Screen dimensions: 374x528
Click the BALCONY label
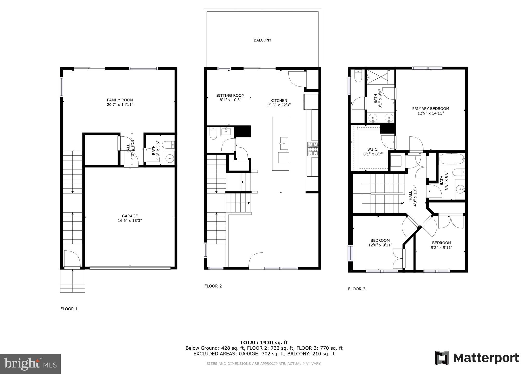262,40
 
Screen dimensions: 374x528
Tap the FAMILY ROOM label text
120,100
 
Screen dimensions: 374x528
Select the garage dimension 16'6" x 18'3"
130,221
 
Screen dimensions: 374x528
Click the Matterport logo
477,358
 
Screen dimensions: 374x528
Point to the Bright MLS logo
30,364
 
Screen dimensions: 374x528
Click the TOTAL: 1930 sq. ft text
264,343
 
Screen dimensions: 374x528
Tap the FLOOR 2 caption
213,286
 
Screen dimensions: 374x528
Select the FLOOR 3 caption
357,289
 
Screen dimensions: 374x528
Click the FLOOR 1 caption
69,309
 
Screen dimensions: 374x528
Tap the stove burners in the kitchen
313,149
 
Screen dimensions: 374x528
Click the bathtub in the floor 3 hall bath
451,158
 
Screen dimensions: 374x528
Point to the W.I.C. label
373,149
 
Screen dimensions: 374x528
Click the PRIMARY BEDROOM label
430,109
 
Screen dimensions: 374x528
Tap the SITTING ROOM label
230,96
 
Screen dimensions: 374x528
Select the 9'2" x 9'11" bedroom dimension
441,248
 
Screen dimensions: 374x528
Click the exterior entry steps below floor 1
73,281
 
